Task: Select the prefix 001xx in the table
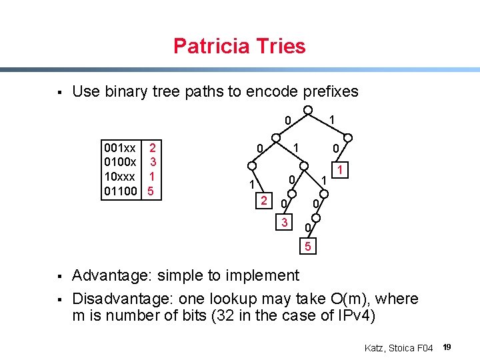[x=120, y=147]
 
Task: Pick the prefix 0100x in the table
[x=120, y=161]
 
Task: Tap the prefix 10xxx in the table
[x=120, y=177]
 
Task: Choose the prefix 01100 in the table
[x=120, y=191]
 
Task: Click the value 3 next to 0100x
[x=153, y=161]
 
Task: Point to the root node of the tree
[x=308, y=110]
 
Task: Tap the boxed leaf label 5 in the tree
[x=308, y=248]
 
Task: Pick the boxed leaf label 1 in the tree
[x=340, y=171]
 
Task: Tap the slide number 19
[x=447, y=347]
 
